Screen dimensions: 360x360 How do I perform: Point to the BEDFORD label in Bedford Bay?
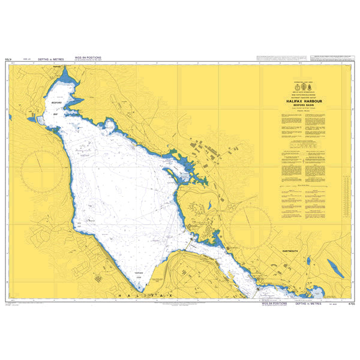(x=57, y=95)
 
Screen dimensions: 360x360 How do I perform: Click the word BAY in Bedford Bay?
(x=55, y=112)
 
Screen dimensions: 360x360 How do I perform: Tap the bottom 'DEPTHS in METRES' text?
(x=308, y=304)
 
